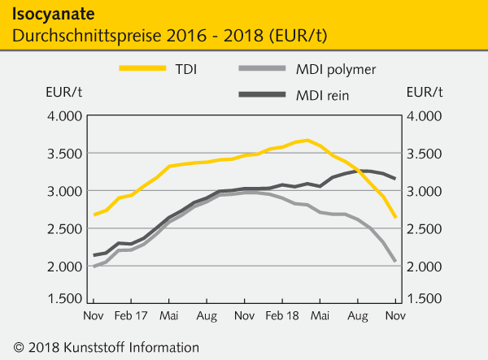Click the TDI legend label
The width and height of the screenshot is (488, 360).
pyautogui.click(x=185, y=68)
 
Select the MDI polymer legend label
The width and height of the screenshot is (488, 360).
pyautogui.click(x=335, y=68)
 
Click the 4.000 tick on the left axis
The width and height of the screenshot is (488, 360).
pyautogui.click(x=61, y=115)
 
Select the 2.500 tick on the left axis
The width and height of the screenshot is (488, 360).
pyautogui.click(x=61, y=228)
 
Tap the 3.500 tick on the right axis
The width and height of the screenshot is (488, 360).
pyautogui.click(x=425, y=153)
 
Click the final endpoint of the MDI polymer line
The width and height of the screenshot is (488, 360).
pyautogui.click(x=395, y=261)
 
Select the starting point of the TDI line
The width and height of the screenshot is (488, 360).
pyautogui.click(x=94, y=215)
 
